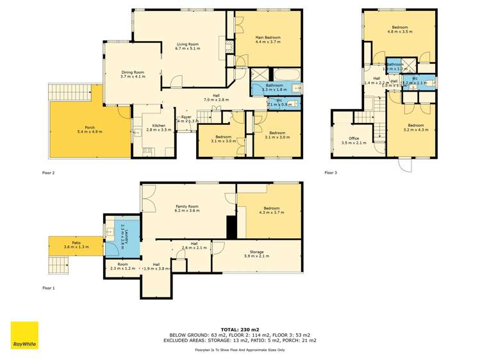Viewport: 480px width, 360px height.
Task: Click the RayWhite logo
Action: pyautogui.click(x=24, y=335)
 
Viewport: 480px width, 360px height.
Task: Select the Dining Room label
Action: pyautogui.click(x=133, y=72)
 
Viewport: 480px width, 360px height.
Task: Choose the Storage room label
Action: pyautogui.click(x=256, y=252)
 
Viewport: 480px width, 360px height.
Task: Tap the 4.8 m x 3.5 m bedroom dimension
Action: pyautogui.click(x=401, y=31)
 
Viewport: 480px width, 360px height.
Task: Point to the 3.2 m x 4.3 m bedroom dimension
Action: pyautogui.click(x=415, y=129)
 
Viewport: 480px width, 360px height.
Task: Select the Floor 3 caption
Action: pyautogui.click(x=330, y=172)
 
